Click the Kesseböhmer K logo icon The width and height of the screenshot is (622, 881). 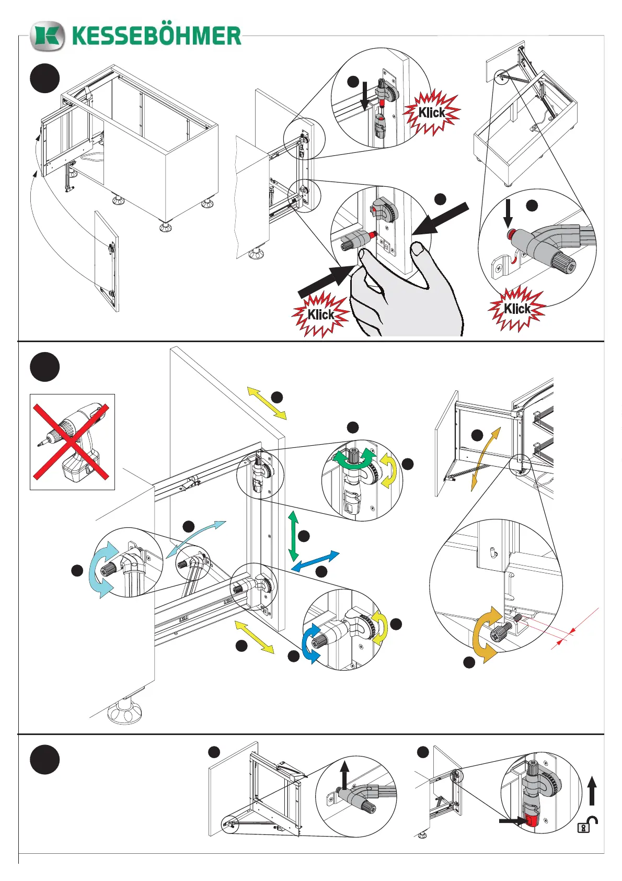[x=48, y=36]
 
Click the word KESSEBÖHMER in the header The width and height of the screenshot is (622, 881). [x=156, y=36]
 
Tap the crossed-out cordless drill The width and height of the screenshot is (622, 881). [x=72, y=442]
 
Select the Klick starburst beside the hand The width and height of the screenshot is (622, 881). [x=320, y=314]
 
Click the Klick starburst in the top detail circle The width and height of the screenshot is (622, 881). [x=432, y=112]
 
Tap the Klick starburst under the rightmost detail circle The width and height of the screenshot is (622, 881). [x=517, y=308]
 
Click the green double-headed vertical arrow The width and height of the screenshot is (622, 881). [x=293, y=536]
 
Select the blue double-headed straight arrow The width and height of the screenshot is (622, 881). [x=315, y=561]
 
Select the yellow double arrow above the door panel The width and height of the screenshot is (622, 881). [x=267, y=403]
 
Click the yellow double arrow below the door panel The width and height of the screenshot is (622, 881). [x=254, y=636]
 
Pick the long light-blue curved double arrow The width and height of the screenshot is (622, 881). [x=196, y=538]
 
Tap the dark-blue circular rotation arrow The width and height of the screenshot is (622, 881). [x=311, y=643]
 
